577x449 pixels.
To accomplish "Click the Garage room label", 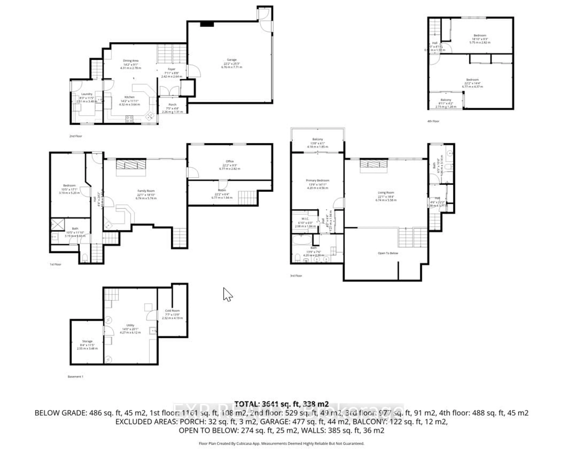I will point(232,60).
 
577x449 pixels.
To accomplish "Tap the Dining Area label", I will point(131,61).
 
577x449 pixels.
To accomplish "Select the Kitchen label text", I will point(130,97).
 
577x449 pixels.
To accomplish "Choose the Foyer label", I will point(172,69).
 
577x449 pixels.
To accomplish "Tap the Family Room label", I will point(146,191).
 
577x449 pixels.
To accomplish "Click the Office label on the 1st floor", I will point(230,161).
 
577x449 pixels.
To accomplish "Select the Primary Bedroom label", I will point(318,181).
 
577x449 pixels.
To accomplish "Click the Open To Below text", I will point(388,253).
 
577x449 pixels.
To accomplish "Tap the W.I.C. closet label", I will point(305,219).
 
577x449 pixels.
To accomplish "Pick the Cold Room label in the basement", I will point(172,311).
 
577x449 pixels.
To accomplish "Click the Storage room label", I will point(87,341).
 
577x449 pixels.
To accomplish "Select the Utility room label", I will point(130,325).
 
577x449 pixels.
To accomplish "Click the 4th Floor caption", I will point(433,121).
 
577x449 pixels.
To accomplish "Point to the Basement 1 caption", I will point(75,377).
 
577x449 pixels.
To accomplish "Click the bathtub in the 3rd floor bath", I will point(302,240).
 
